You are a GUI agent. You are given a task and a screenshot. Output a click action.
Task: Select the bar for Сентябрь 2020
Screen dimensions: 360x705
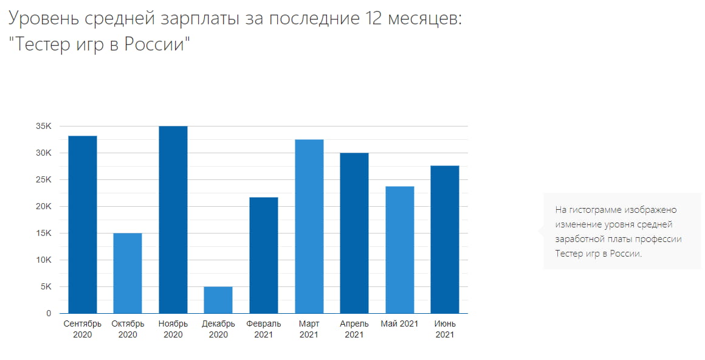pos(83,224)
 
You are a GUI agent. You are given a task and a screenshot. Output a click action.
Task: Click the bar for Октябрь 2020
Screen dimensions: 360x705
pos(128,273)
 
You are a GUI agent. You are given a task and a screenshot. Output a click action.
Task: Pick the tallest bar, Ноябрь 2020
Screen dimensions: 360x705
pos(173,220)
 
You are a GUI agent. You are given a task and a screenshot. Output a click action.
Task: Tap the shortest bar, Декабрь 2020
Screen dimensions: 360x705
pos(218,300)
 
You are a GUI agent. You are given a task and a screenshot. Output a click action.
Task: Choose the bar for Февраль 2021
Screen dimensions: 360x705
pos(264,255)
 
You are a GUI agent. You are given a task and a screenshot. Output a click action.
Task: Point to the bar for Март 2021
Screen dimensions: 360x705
pos(309,226)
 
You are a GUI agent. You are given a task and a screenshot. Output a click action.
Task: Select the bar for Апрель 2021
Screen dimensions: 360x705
pos(354,233)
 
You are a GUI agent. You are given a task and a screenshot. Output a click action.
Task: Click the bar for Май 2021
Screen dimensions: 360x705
pos(399,250)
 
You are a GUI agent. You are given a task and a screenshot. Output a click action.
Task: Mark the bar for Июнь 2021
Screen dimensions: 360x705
pos(445,240)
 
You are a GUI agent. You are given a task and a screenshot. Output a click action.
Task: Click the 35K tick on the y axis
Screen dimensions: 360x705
pos(43,126)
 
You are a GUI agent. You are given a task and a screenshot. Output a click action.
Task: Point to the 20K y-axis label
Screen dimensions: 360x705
pos(43,207)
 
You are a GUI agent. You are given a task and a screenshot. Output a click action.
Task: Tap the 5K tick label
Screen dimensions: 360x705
pos(46,287)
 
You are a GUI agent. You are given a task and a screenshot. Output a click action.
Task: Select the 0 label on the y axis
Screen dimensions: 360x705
pos(49,314)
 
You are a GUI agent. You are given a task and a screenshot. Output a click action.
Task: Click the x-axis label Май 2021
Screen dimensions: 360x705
pos(399,324)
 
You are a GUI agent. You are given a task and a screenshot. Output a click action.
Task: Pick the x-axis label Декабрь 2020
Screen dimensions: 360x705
pos(218,329)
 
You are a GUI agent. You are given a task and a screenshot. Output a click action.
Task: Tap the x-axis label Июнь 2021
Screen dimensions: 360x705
pos(445,329)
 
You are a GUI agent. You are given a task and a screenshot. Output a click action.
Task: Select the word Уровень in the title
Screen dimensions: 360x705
pos(43,18)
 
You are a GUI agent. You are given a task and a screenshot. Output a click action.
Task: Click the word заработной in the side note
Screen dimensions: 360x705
pos(579,239)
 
